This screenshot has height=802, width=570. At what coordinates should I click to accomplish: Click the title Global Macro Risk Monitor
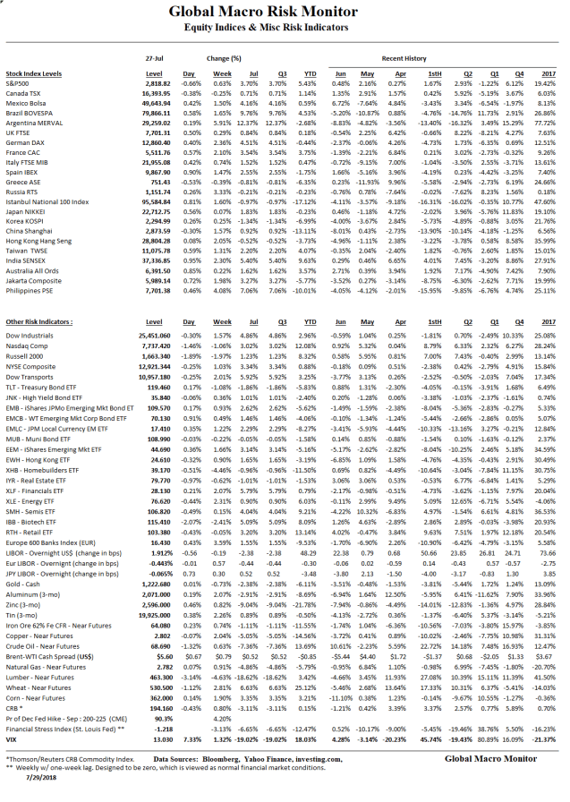point(285,13)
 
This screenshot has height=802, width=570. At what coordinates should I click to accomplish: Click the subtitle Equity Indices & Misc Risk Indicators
point(285,29)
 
